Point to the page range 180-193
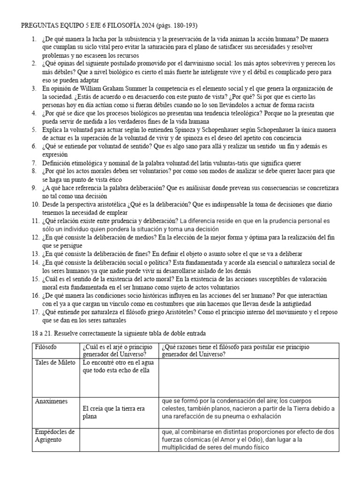click(183, 25)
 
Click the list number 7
click(34, 164)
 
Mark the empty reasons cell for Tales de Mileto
click(248, 378)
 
